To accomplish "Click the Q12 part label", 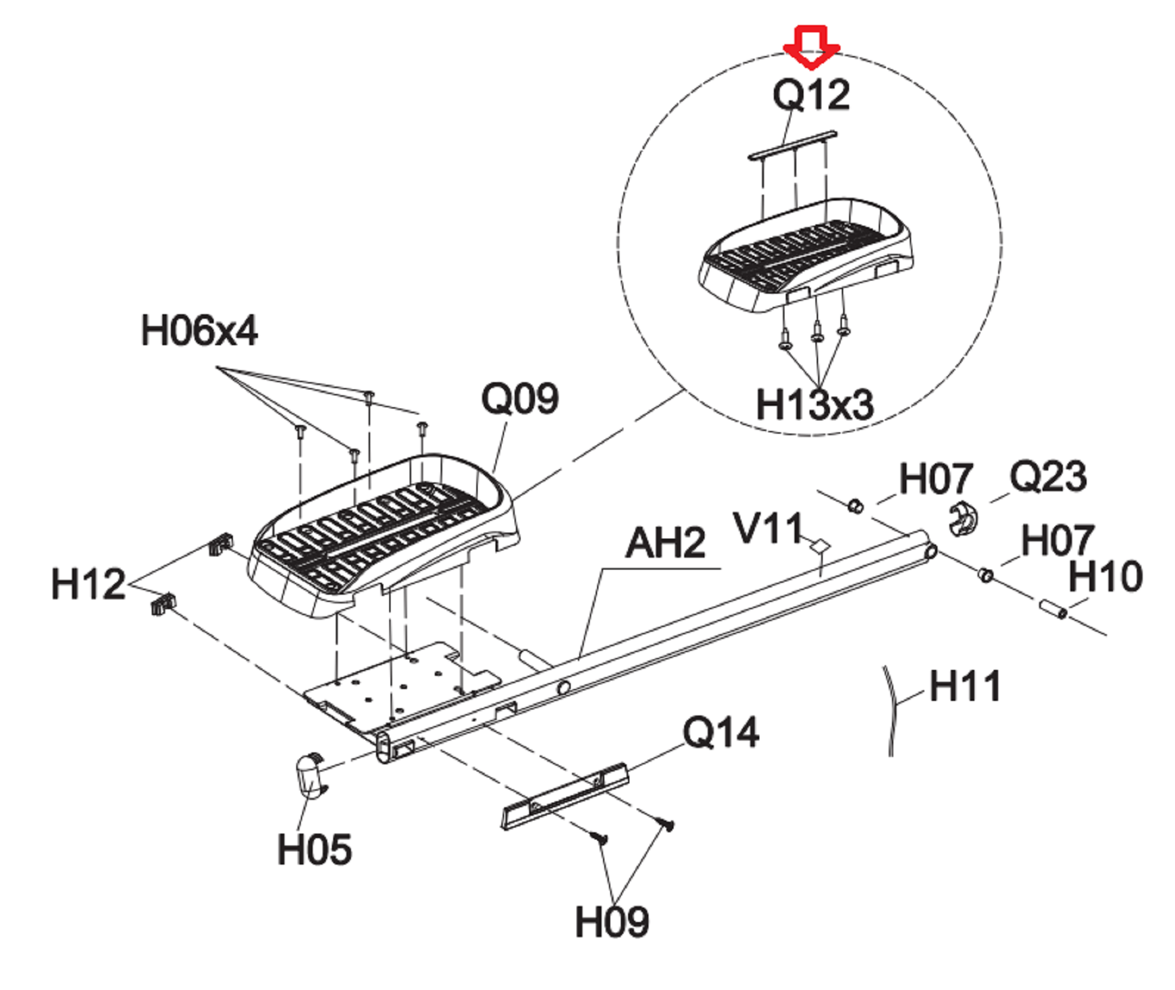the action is tap(811, 95).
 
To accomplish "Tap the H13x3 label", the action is tap(814, 404).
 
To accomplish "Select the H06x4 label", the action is tap(199, 330).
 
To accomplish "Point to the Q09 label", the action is tap(520, 399).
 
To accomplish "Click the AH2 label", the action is tap(666, 543).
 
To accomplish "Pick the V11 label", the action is tap(768, 529).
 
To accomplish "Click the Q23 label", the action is tap(1048, 477).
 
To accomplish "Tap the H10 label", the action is tap(1106, 576).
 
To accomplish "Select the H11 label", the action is tap(965, 686).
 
